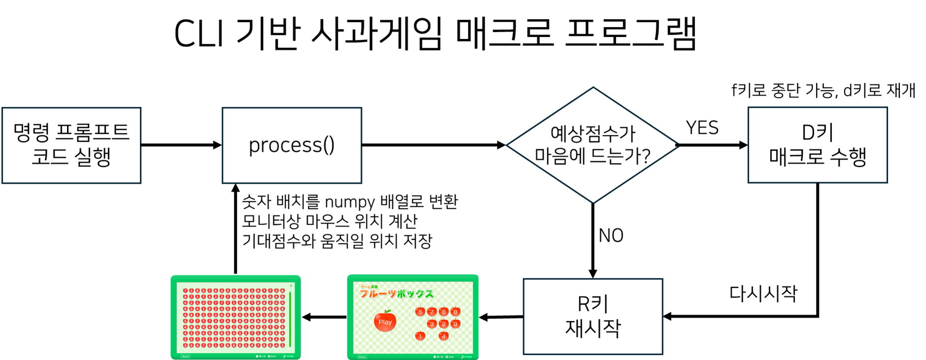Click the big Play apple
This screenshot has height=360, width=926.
[x=385, y=321]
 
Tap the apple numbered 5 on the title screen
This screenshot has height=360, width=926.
[x=420, y=311]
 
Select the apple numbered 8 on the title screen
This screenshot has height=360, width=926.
[x=455, y=311]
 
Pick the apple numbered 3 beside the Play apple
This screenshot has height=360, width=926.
[x=431, y=324]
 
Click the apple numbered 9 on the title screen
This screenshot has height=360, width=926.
[x=455, y=324]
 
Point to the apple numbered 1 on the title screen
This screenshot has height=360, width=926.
[x=420, y=336]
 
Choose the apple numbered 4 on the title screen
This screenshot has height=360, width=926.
[x=443, y=336]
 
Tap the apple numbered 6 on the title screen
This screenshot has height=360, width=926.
[x=443, y=311]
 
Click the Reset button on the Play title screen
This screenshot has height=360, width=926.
[x=362, y=357]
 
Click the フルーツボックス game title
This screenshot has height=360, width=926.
[x=397, y=294]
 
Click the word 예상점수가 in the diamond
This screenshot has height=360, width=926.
[x=593, y=133]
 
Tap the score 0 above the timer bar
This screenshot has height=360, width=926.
[x=291, y=286]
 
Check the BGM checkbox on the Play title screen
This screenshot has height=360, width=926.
[x=447, y=357]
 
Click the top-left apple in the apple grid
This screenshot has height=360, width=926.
[x=186, y=291]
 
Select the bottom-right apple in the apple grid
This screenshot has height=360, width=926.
[x=282, y=345]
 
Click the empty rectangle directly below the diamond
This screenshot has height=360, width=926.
[x=593, y=317]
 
